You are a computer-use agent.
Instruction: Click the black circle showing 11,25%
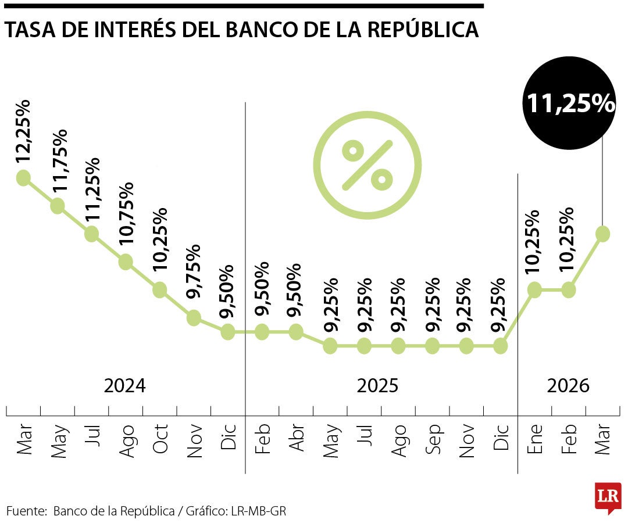570,103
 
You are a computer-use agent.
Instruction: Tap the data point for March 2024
23,178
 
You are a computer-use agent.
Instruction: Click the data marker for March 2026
602,234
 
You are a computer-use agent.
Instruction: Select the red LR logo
608,497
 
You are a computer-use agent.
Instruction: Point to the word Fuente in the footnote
26,511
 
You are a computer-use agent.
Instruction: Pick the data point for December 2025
501,346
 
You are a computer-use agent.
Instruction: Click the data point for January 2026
534,289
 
